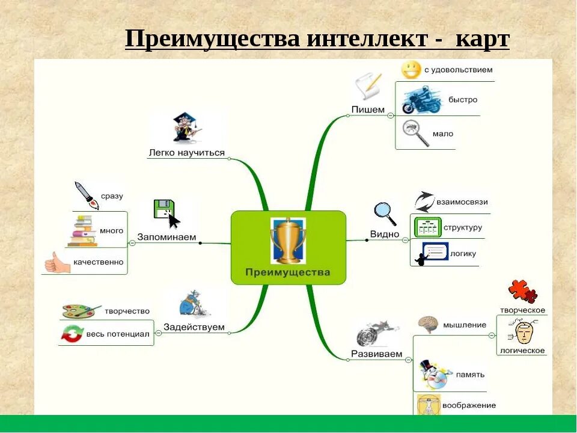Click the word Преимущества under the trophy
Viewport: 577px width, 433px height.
(x=288, y=272)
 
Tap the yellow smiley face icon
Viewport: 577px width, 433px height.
(x=411, y=70)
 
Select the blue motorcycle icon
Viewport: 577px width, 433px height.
(x=421, y=100)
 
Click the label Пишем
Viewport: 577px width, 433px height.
(x=368, y=109)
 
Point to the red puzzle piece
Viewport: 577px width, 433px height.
(x=522, y=291)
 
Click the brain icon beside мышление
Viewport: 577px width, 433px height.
(x=427, y=325)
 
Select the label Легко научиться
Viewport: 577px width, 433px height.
(x=186, y=153)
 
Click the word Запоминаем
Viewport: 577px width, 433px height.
(x=167, y=237)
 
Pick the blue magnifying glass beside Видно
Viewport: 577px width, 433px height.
(x=385, y=212)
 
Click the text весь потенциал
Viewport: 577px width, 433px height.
(x=118, y=334)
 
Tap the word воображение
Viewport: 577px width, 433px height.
(x=469, y=405)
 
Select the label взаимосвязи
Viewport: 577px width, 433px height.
(x=462, y=202)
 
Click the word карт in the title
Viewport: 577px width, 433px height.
(x=482, y=40)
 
